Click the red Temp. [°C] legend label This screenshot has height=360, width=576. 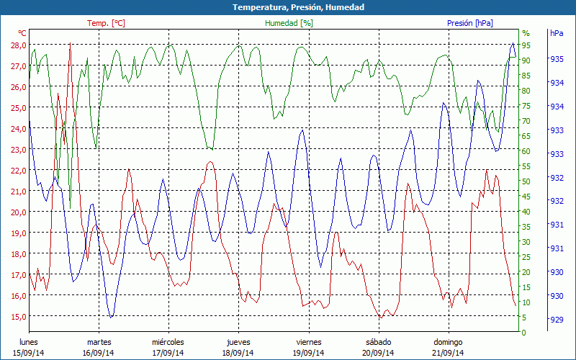pyautogui.click(x=106, y=23)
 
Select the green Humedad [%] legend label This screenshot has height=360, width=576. pyautogui.click(x=289, y=23)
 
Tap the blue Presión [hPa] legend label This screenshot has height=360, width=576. pyautogui.click(x=469, y=23)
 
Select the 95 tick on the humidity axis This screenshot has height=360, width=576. pyautogui.click(x=526, y=45)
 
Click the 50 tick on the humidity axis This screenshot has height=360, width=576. pyautogui.click(x=526, y=181)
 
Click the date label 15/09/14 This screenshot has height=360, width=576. pyautogui.click(x=29, y=353)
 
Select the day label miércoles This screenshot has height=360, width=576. pyautogui.click(x=168, y=342)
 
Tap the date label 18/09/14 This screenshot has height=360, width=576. pyautogui.click(x=238, y=353)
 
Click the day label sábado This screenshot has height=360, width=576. pyautogui.click(x=378, y=342)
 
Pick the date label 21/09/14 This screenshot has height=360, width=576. pyautogui.click(x=448, y=353)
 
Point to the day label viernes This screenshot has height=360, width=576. pyautogui.click(x=308, y=342)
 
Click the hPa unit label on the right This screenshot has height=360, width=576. pyautogui.click(x=557, y=34)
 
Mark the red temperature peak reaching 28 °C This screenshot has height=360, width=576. pyautogui.click(x=70, y=45)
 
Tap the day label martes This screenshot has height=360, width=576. pyautogui.click(x=99, y=342)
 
